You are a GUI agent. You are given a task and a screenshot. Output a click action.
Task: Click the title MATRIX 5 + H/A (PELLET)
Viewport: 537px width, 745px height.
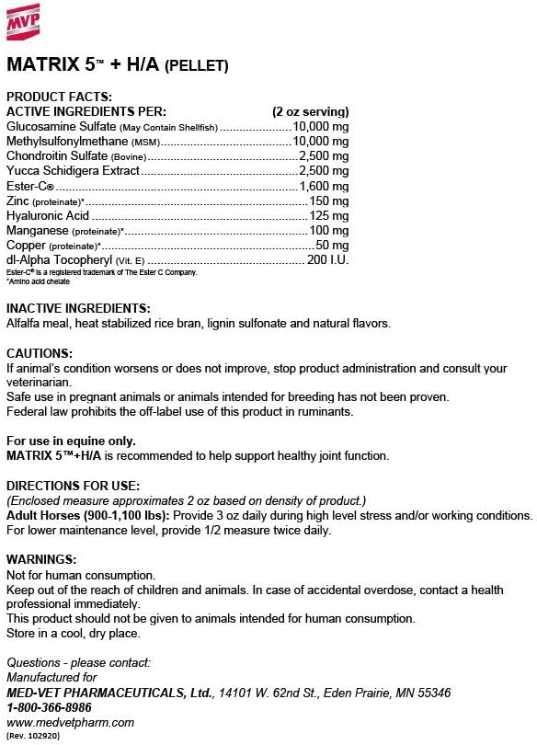tap(117, 65)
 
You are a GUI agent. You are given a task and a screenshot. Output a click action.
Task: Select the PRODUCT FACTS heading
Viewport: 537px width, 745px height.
tap(59, 97)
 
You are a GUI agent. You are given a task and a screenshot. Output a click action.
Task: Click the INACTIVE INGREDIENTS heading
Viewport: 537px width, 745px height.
tap(78, 308)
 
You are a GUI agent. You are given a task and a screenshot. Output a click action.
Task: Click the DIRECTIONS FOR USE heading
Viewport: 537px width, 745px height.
tap(73, 485)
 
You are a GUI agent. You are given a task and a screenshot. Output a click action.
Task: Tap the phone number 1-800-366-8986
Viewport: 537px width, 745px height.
tap(49, 707)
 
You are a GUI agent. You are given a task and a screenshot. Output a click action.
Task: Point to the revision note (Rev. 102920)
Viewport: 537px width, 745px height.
tap(31, 736)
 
